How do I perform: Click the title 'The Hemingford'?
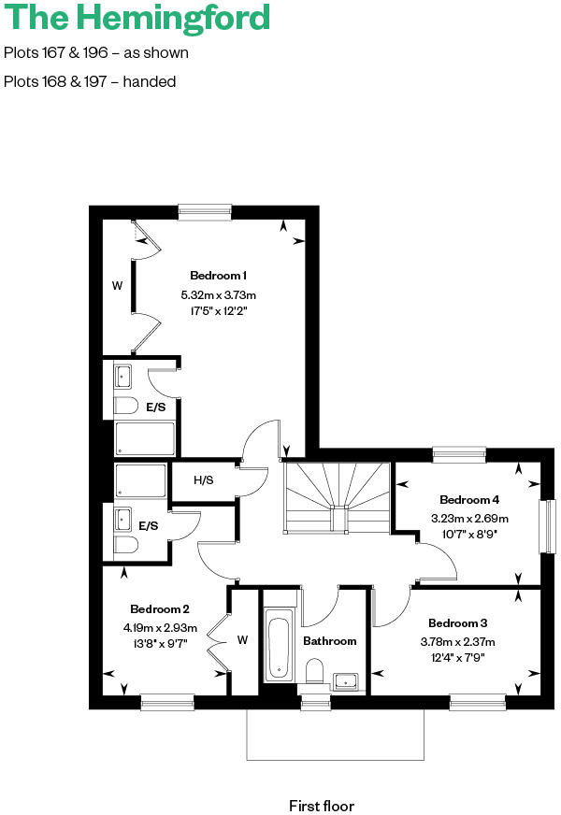tap(137, 18)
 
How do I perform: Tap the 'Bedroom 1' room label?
tap(218, 276)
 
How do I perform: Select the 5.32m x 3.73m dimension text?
tap(218, 295)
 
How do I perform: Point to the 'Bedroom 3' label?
tap(458, 623)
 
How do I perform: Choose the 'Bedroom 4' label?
tap(469, 500)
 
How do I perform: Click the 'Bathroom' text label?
tap(329, 641)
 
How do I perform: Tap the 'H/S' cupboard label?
tap(203, 480)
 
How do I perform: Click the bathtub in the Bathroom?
tap(279, 645)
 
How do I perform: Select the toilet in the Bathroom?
tap(315, 673)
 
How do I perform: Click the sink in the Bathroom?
tap(347, 680)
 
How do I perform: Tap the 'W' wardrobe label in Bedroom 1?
tap(117, 286)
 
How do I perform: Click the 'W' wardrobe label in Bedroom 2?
tap(242, 640)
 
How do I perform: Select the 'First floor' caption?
tap(322, 805)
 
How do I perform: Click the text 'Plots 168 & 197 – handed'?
tap(90, 81)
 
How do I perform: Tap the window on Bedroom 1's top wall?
tap(205, 212)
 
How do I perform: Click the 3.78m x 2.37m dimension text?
tap(461, 641)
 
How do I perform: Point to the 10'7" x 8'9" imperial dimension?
tap(469, 535)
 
